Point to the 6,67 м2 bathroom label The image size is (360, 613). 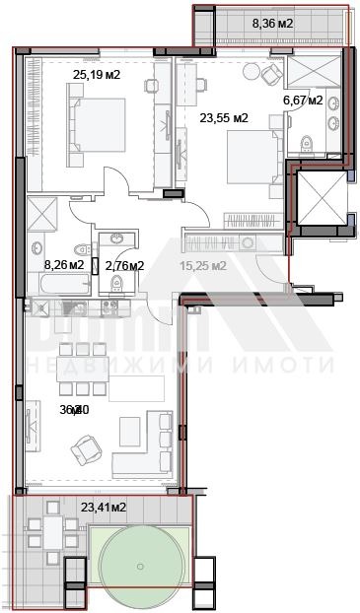click(x=304, y=100)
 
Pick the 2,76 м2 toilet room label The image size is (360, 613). click(x=124, y=264)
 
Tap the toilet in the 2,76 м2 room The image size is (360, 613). click(x=116, y=284)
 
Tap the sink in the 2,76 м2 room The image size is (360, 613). click(x=118, y=239)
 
